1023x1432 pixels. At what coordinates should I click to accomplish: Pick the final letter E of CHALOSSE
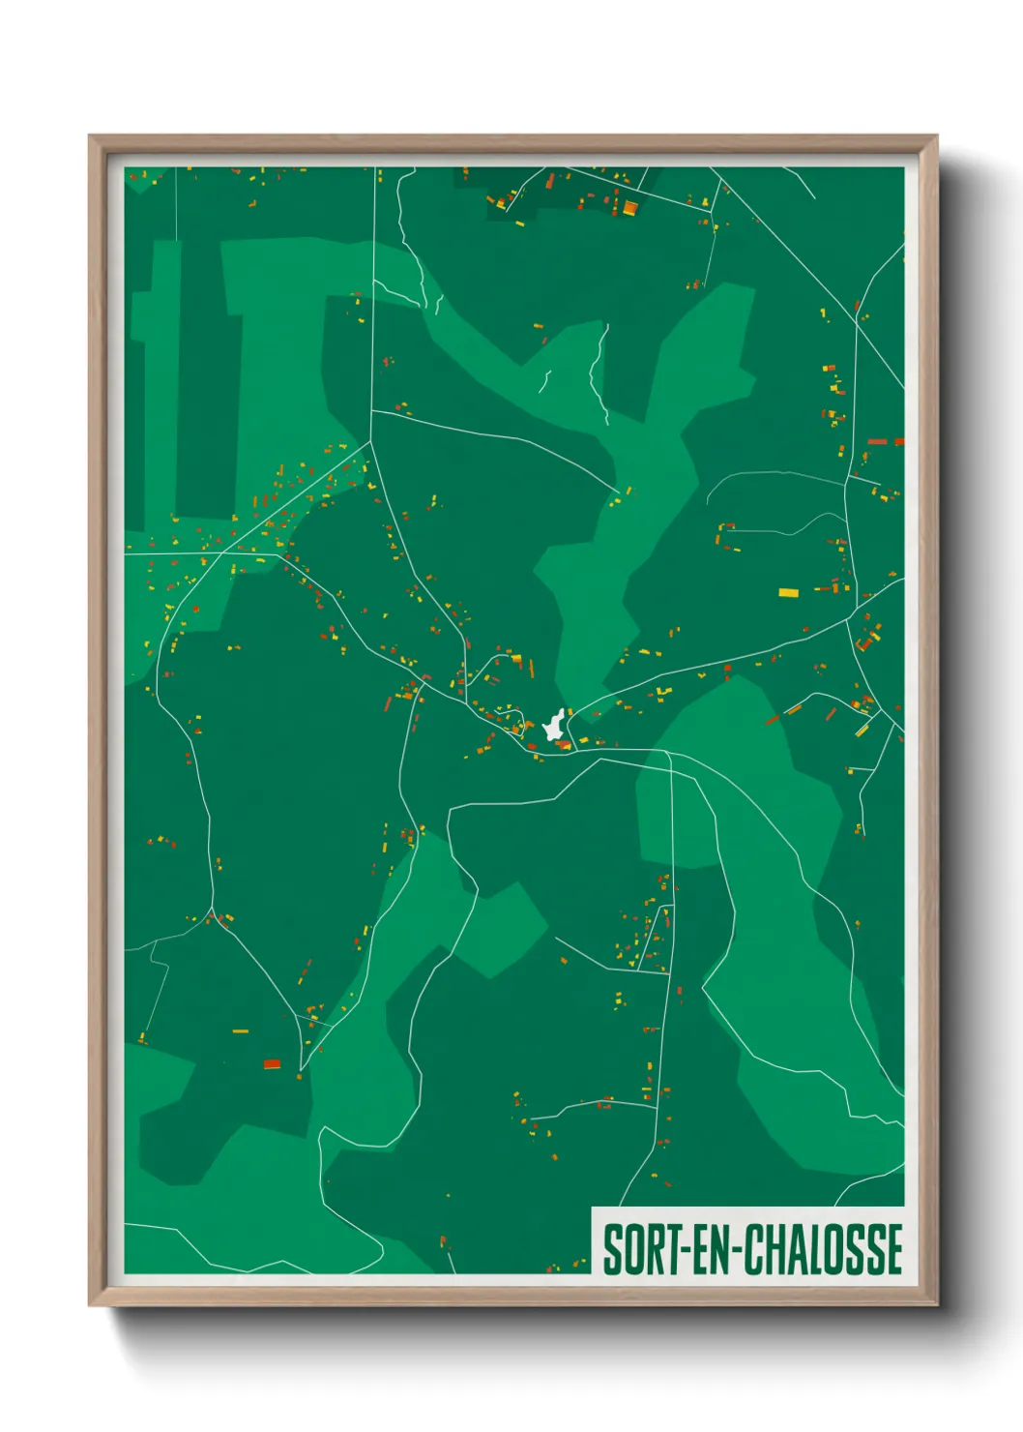tap(894, 1249)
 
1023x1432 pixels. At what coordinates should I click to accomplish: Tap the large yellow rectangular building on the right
tap(789, 592)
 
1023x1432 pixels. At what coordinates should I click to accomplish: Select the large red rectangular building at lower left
tap(272, 1064)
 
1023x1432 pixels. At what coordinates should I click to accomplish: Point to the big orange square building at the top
tap(629, 207)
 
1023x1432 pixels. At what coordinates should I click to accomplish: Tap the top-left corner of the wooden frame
tap(90, 136)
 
